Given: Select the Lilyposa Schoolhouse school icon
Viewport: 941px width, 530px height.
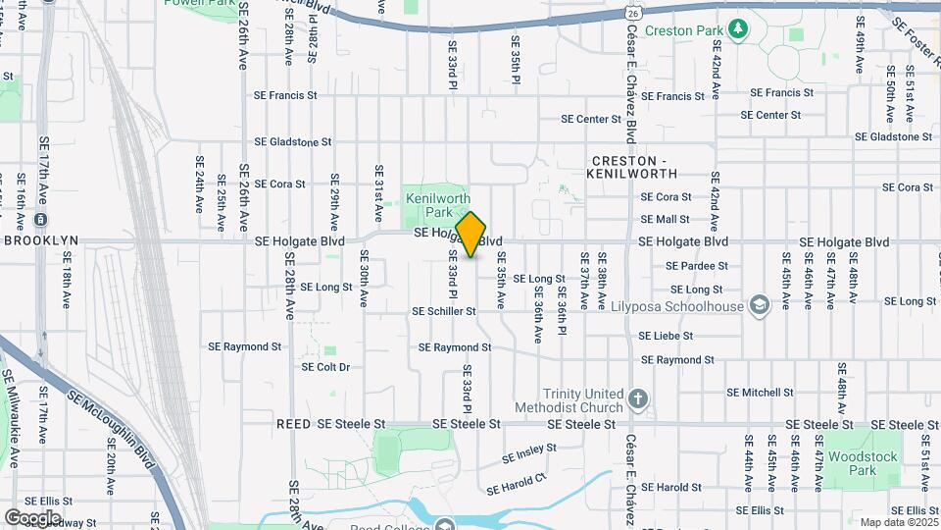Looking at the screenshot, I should point(758,306).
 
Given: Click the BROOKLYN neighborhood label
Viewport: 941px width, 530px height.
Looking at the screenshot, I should point(41,240).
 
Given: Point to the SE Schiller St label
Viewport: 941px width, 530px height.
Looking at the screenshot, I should point(444,311).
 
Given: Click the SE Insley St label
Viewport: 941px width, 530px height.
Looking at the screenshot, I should point(529,454).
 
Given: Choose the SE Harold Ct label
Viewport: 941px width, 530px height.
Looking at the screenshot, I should point(516,484).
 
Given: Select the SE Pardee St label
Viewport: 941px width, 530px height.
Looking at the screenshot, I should point(697,266).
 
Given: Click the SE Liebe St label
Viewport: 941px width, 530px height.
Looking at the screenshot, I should point(666,336).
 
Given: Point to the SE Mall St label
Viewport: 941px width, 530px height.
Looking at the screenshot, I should point(666,220).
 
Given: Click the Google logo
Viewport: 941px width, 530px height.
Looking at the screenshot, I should point(32,517).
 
